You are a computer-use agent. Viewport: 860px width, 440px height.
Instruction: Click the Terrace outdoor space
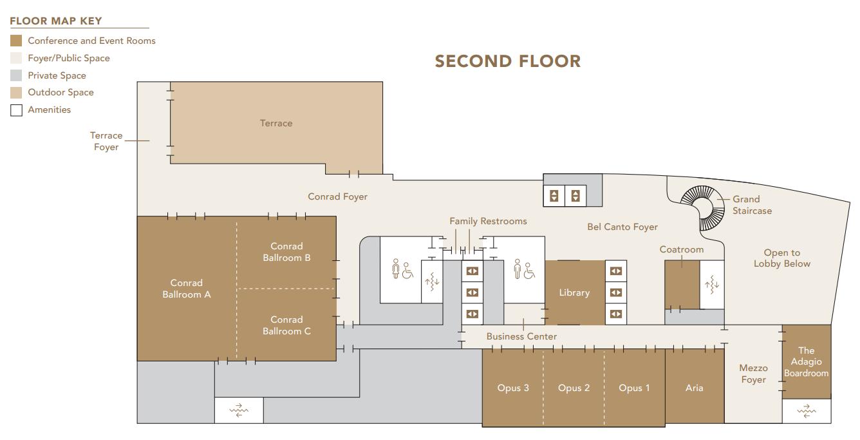click(276, 123)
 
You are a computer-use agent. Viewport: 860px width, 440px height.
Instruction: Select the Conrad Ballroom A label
click(186, 289)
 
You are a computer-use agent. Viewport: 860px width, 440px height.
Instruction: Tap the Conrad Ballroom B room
click(286, 252)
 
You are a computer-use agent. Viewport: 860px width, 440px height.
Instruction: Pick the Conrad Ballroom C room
click(286, 325)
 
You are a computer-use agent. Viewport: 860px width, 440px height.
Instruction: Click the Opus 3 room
click(513, 388)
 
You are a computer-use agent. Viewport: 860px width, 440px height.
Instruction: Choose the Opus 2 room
click(574, 388)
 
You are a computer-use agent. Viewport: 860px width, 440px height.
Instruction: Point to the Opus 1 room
click(634, 388)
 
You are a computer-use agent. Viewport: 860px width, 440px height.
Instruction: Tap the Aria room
click(694, 388)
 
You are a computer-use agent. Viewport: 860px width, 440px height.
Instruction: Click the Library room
click(574, 292)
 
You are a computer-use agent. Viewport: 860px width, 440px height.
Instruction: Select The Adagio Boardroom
click(806, 362)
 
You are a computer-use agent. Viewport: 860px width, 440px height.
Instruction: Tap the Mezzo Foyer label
click(753, 374)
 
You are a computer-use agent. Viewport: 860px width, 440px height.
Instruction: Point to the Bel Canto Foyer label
click(622, 227)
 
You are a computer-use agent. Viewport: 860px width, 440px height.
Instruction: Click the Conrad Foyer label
click(337, 196)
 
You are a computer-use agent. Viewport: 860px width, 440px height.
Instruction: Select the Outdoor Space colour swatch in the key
click(16, 93)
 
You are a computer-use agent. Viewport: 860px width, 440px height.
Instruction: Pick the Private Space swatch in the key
click(16, 75)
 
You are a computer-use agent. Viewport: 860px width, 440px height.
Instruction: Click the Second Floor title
click(508, 62)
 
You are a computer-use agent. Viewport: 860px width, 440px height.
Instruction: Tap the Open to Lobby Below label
click(781, 258)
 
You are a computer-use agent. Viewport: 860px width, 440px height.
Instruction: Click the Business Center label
click(521, 336)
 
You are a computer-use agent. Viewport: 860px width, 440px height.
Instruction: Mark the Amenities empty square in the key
click(16, 110)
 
